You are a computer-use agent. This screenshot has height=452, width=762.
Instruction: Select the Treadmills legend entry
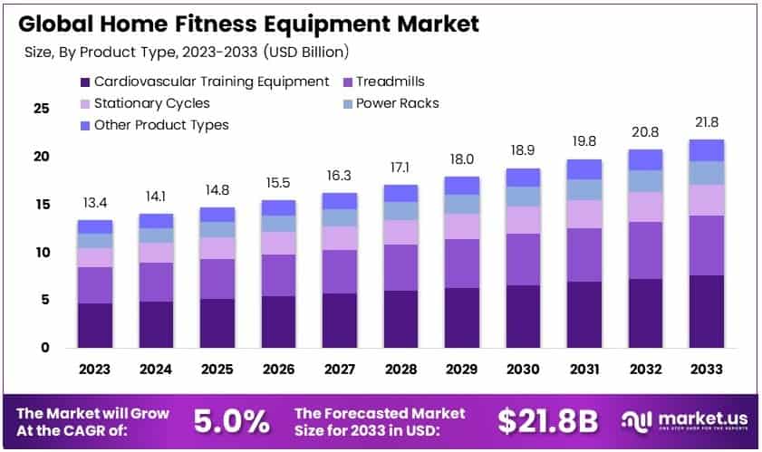click(x=390, y=82)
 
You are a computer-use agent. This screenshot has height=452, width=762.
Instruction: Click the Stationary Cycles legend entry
click(x=152, y=103)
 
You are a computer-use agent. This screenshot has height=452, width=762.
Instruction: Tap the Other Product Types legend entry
click(x=161, y=125)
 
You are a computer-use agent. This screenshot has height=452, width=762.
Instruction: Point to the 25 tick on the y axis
click(x=41, y=109)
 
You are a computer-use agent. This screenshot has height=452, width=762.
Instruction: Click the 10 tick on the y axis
click(x=41, y=252)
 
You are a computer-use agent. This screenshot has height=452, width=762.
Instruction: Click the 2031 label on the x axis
click(x=584, y=369)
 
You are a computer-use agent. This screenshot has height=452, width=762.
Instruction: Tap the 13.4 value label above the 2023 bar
click(x=94, y=200)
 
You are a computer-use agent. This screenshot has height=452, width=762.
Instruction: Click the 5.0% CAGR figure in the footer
click(x=232, y=420)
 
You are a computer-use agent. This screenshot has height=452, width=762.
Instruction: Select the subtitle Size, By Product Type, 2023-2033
click(x=186, y=52)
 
